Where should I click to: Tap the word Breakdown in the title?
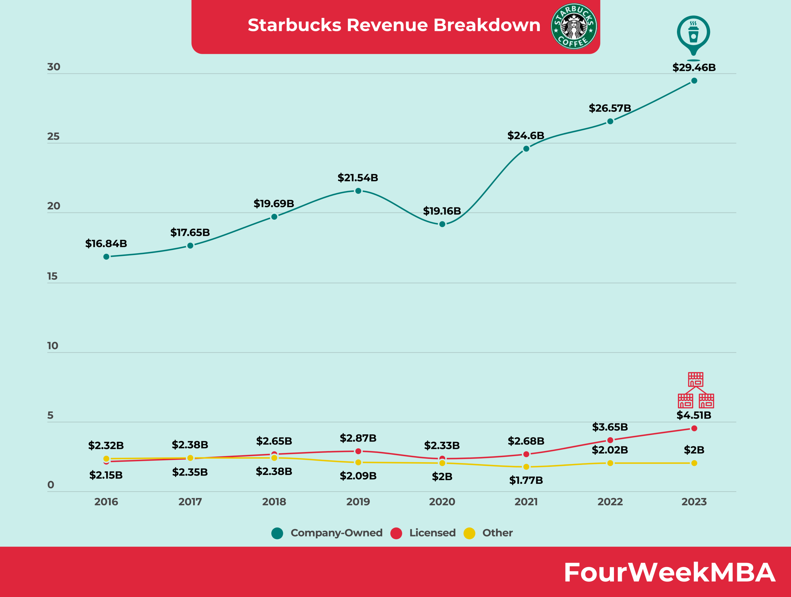tap(487, 25)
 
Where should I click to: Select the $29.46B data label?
tap(694, 67)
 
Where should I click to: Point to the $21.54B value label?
tap(357, 177)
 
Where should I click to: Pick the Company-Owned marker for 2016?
tap(106, 257)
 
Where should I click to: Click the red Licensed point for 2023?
tap(694, 428)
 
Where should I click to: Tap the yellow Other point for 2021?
tap(526, 467)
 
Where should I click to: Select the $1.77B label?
tap(526, 480)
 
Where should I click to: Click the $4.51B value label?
tap(694, 415)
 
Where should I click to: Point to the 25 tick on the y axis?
tap(53, 136)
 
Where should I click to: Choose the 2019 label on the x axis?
tap(358, 501)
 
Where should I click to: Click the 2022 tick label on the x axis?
tap(610, 501)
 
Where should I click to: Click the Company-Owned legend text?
tap(336, 533)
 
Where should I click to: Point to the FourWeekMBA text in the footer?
tap(669, 572)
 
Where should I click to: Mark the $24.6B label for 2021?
tap(526, 135)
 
